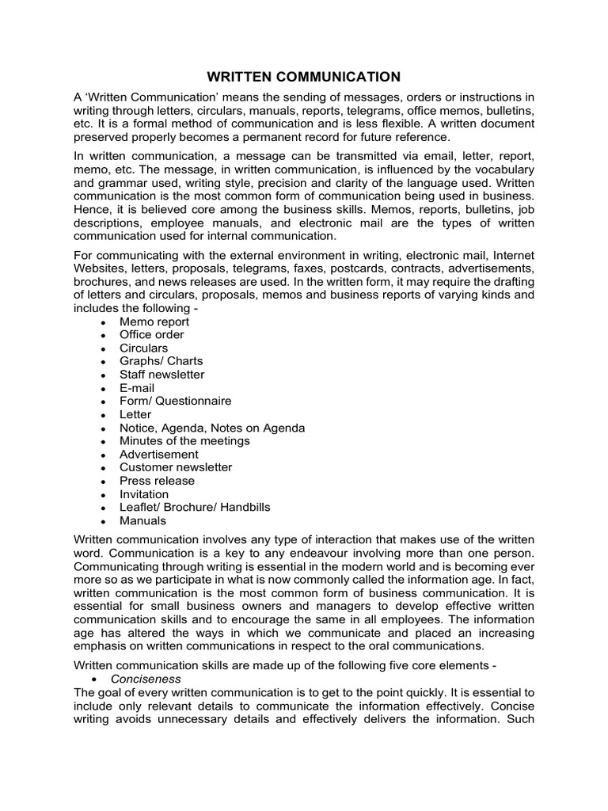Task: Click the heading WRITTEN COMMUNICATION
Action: pyautogui.click(x=304, y=77)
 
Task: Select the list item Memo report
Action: pyautogui.click(x=154, y=322)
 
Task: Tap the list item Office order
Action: pyautogui.click(x=151, y=335)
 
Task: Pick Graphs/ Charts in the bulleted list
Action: pyautogui.click(x=161, y=361)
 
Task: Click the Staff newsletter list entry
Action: pyautogui.click(x=161, y=375)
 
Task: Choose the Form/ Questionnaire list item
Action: pyautogui.click(x=175, y=401)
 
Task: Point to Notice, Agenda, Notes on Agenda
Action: pyautogui.click(x=211, y=428)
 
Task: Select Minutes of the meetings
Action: pyautogui.click(x=184, y=440)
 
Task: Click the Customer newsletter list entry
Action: pyautogui.click(x=175, y=467)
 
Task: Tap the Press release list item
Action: pyautogui.click(x=156, y=481)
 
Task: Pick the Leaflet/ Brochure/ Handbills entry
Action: pyautogui.click(x=195, y=507)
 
